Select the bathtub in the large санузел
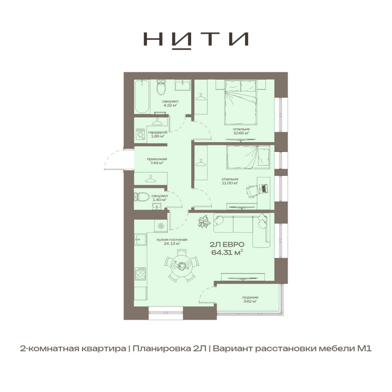[142, 96]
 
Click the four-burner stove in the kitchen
[140, 274]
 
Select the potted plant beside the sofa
[204, 222]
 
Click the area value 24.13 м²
[172, 243]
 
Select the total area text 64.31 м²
[227, 253]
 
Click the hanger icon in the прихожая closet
[151, 178]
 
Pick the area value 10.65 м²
[241, 133]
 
